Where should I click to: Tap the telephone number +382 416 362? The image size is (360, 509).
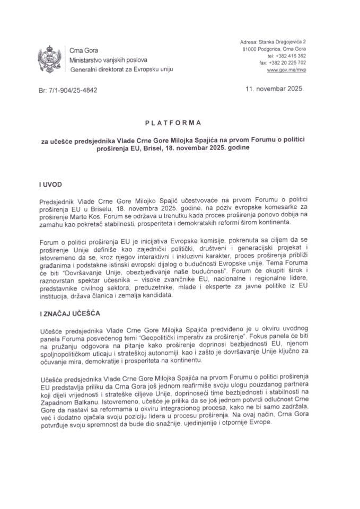(291, 55)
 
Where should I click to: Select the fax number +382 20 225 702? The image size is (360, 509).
(287, 63)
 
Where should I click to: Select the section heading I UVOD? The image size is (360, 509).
(51, 187)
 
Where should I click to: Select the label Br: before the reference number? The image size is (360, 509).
(44, 90)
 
